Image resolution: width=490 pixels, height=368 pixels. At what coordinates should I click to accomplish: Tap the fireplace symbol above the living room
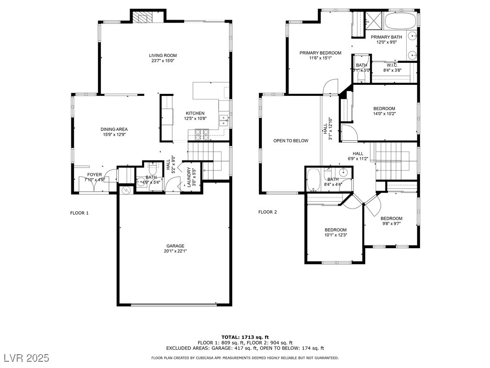(142, 18)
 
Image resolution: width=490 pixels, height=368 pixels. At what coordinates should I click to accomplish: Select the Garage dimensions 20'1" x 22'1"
(175, 251)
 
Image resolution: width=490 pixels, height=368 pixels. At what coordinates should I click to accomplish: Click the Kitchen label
(195, 114)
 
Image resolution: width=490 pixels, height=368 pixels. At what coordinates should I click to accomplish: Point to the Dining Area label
(114, 129)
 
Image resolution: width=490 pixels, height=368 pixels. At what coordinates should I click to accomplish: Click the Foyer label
(94, 174)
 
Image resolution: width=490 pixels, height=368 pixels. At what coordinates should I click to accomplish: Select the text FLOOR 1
(79, 213)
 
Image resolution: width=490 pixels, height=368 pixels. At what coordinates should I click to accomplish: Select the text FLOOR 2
(267, 212)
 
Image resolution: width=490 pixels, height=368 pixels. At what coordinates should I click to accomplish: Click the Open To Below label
(290, 141)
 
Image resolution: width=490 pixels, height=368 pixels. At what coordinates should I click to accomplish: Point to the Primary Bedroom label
(320, 53)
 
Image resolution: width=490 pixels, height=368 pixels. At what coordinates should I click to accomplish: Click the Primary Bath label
(387, 37)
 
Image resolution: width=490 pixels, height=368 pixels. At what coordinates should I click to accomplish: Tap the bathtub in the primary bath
(400, 21)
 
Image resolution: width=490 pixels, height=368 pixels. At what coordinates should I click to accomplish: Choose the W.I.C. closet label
(392, 65)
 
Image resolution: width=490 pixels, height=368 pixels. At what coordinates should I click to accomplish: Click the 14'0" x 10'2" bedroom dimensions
(384, 114)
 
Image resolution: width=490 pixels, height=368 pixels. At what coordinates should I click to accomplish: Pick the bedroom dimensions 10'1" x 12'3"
(335, 235)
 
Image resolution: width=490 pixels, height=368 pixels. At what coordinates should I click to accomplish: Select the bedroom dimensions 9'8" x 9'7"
(391, 223)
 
